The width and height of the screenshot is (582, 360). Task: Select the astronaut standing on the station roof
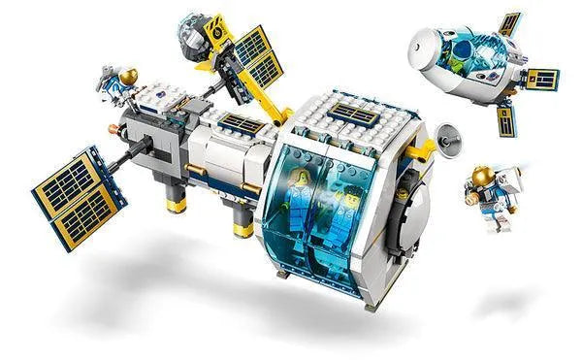tap(118, 82)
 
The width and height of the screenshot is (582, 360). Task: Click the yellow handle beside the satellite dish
tap(423, 150)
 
